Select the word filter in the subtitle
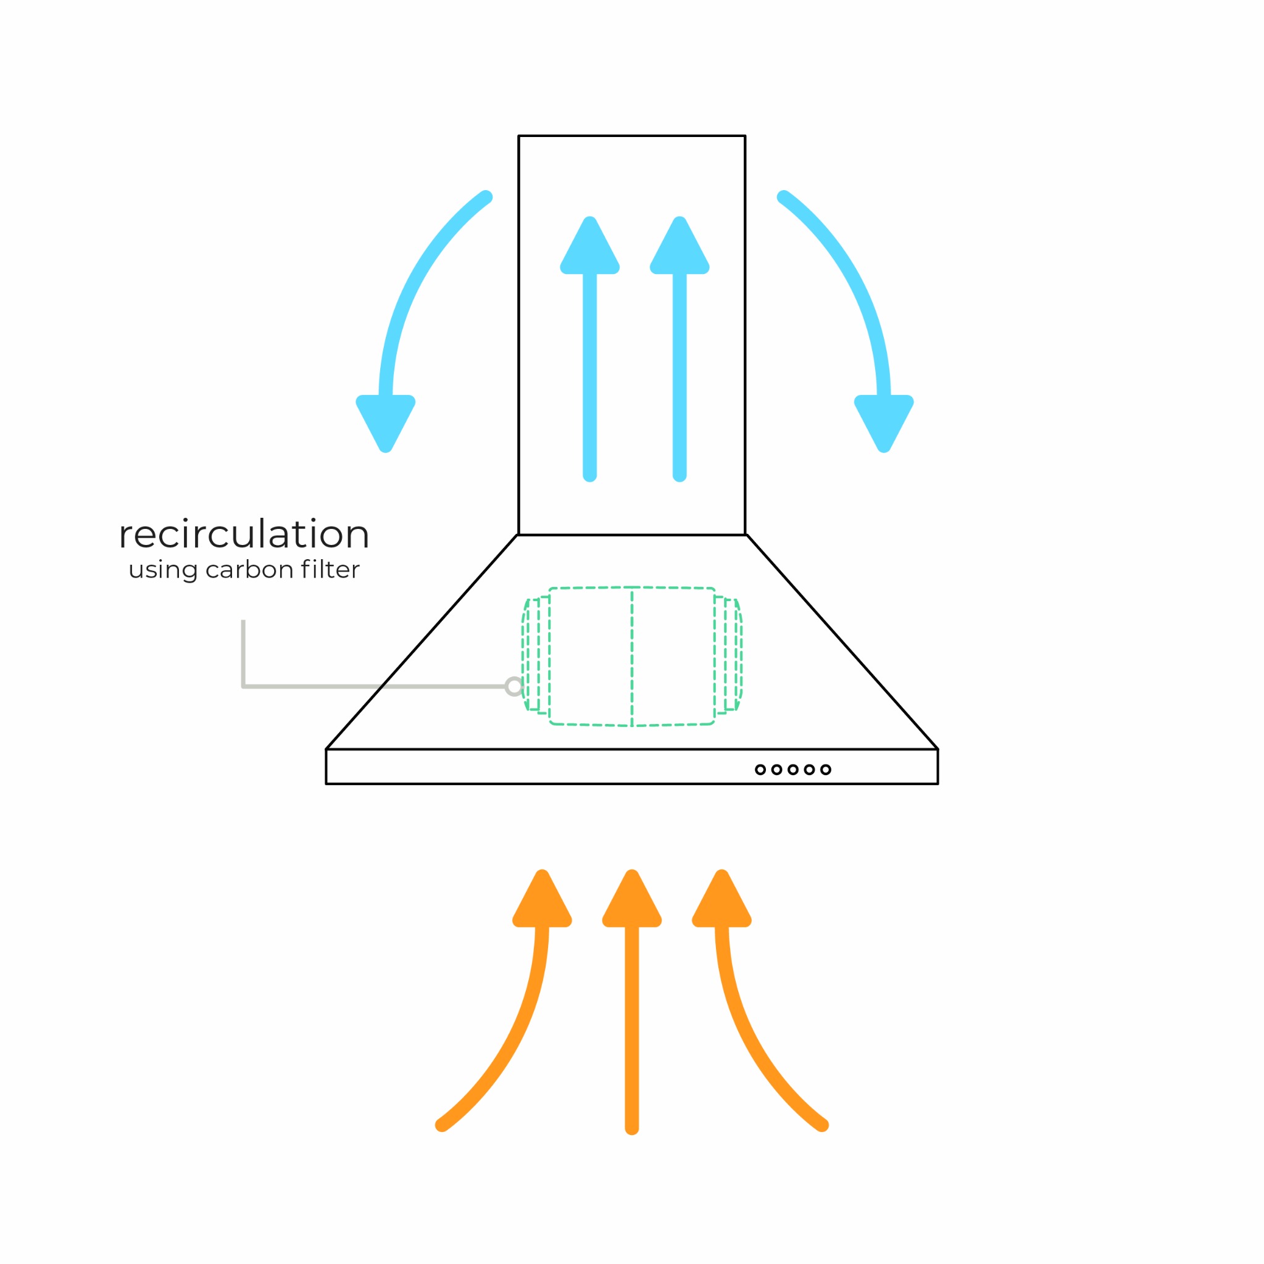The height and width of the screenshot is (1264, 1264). pyautogui.click(x=330, y=569)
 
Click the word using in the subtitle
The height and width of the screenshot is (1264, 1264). pyautogui.click(x=163, y=570)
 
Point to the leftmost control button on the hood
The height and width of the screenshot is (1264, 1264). pyautogui.click(x=760, y=770)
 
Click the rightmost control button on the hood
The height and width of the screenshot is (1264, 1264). pyautogui.click(x=826, y=770)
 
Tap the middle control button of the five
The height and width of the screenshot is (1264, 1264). pyautogui.click(x=793, y=770)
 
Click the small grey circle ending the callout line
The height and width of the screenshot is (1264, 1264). pyautogui.click(x=514, y=686)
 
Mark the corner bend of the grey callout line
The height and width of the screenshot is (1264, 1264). pyautogui.click(x=243, y=686)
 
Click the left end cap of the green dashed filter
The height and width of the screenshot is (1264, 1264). pyautogui.click(x=533, y=654)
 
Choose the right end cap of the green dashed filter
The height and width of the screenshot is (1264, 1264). pyautogui.click(x=731, y=654)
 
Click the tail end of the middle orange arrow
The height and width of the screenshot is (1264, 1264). pyautogui.click(x=632, y=1126)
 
